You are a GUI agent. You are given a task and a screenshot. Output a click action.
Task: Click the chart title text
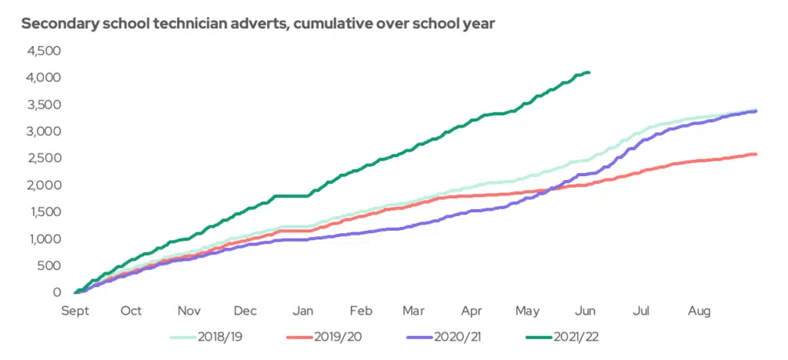(x=258, y=23)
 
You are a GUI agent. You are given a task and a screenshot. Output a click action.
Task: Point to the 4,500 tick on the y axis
(x=44, y=51)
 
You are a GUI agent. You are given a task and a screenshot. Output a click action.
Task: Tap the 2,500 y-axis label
(x=44, y=158)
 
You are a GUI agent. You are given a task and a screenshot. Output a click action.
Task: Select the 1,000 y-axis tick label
(x=45, y=238)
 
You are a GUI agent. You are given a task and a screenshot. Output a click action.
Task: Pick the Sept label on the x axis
(x=75, y=311)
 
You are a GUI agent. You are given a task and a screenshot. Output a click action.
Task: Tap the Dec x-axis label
(x=245, y=311)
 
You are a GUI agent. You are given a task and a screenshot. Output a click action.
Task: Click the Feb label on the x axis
(x=361, y=311)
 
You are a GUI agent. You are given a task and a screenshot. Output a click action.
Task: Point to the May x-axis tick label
(x=527, y=311)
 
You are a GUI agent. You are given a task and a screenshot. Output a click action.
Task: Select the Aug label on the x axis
(x=699, y=311)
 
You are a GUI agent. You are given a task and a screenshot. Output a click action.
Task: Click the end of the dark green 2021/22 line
(x=589, y=72)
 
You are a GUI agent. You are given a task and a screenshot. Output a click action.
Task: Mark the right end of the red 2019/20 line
(x=756, y=155)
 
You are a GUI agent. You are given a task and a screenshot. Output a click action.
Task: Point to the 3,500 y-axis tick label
(x=44, y=105)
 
